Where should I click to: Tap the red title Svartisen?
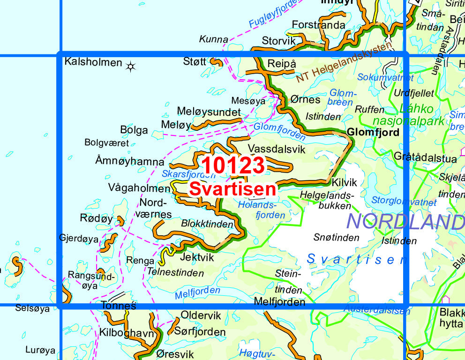(x=232, y=189)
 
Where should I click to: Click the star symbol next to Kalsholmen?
(x=130, y=67)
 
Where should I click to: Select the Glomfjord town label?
(x=373, y=133)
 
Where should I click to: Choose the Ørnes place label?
(x=305, y=99)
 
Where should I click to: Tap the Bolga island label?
(x=134, y=130)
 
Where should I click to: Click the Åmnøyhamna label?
(x=129, y=162)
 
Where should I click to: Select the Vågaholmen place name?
(x=139, y=188)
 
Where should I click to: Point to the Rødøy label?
(x=97, y=218)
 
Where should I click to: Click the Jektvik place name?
(x=197, y=257)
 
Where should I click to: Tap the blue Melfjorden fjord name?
(x=197, y=293)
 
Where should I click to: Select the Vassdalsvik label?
(x=276, y=149)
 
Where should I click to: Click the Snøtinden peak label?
(x=336, y=238)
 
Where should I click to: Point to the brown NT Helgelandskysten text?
(x=344, y=63)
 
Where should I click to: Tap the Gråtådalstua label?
(x=426, y=158)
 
